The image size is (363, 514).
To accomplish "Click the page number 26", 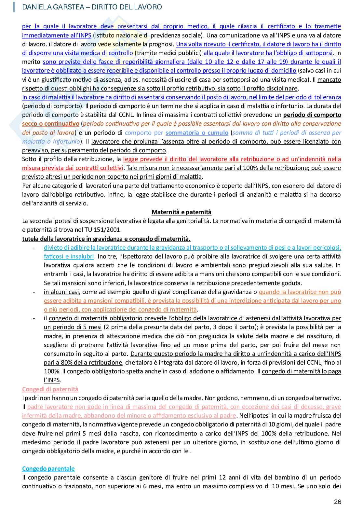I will click(337, 502).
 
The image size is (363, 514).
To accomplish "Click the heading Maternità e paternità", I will click(181, 212).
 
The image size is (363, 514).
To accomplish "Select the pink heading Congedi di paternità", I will click(50, 389).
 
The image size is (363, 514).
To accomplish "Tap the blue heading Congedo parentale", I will click(48, 469).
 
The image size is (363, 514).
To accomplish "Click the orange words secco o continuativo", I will click(50, 124).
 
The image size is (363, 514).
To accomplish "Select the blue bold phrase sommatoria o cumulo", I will click(197, 133).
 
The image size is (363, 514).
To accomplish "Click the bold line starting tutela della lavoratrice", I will click(106, 239).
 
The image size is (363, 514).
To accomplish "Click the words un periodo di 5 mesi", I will click(73, 327).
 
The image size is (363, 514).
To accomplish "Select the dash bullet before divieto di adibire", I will click(34, 248).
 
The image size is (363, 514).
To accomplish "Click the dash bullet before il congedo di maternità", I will click(34, 318).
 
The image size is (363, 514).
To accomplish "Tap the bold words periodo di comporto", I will click(312, 115).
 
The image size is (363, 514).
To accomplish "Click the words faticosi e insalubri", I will click(69, 257).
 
